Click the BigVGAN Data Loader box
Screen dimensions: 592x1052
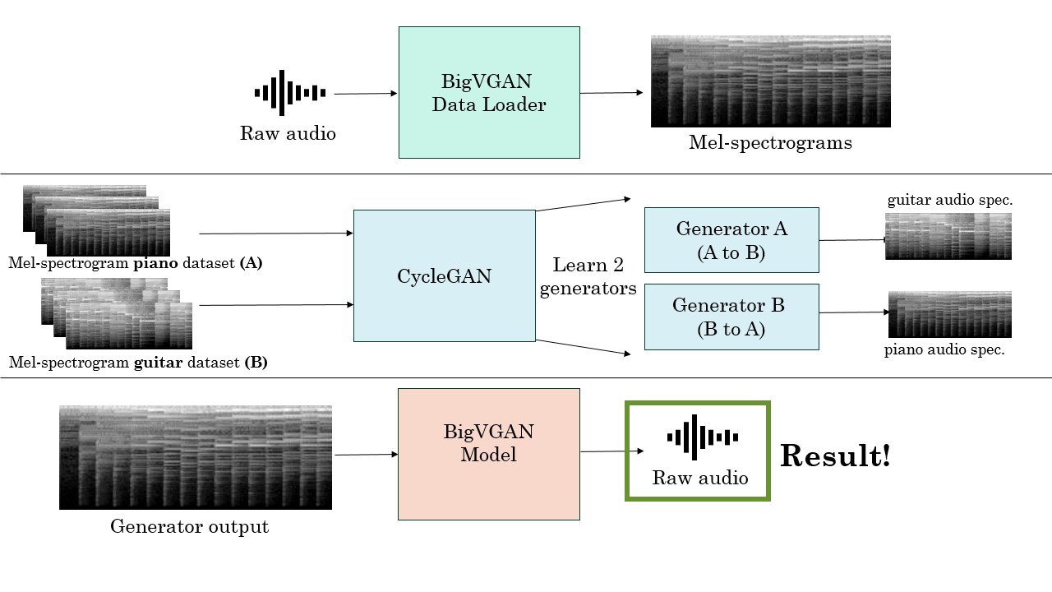tap(489, 92)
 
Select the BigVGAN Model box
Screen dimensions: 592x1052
tap(489, 454)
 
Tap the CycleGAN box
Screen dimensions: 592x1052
tap(444, 275)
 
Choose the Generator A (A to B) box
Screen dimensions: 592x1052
tap(731, 240)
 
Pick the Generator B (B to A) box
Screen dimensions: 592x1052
tap(731, 317)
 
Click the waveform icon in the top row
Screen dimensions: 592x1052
tap(289, 93)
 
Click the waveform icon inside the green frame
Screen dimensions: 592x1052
tap(701, 437)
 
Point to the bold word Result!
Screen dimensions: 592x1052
tap(835, 456)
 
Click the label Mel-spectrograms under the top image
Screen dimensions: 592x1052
tap(770, 143)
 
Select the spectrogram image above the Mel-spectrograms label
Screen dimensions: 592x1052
tap(770, 81)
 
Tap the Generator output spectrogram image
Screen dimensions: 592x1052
tap(196, 457)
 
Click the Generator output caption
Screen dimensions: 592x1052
tap(189, 527)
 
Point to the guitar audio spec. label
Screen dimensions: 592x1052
tap(949, 201)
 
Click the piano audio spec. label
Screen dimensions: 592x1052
tap(944, 349)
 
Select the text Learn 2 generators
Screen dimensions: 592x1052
tap(588, 277)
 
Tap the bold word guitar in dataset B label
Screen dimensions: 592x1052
tap(157, 362)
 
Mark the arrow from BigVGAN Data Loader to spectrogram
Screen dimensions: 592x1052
tap(611, 93)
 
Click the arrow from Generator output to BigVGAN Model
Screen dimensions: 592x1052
tap(365, 454)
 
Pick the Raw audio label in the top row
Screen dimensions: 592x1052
tap(288, 133)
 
